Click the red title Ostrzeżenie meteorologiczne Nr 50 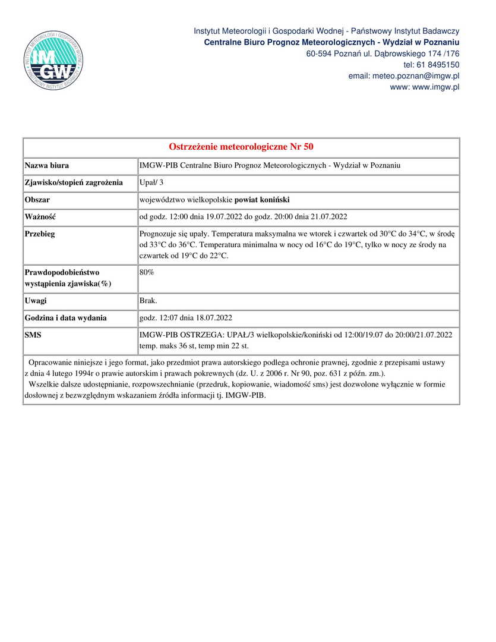[241, 147]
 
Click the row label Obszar [37, 200]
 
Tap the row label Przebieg [40, 234]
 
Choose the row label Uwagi [36, 301]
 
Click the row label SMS [33, 335]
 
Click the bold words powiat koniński [262, 200]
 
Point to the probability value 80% [147, 272]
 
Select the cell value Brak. [148, 301]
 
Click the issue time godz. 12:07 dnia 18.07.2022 [189, 318]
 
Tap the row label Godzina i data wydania [65, 318]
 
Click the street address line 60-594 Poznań [383, 53]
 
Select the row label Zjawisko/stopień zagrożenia [74, 182]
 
